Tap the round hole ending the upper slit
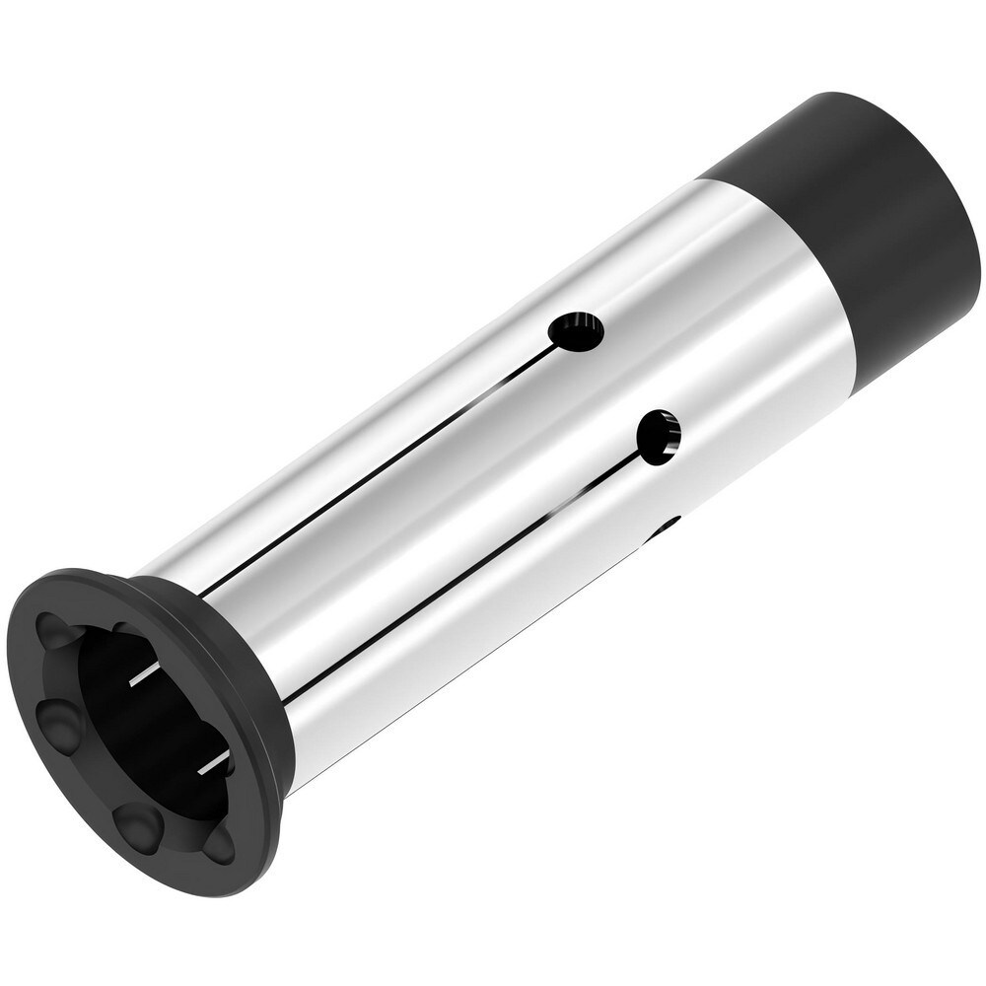pos(576,332)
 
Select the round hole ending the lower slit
pos(659,438)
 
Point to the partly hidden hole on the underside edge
pos(665,528)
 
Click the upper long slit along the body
pos(385,463)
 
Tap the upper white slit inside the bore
pos(144,674)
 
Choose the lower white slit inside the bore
pos(213,763)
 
